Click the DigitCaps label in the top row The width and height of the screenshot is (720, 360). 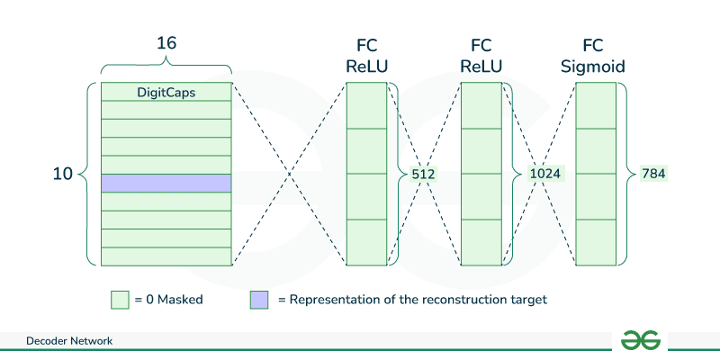coord(166,92)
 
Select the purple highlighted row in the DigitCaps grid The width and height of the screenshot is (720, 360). coord(166,184)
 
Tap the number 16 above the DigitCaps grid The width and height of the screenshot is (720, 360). coord(166,41)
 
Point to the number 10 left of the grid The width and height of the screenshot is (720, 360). coord(63,175)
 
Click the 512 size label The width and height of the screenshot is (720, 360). coord(423,175)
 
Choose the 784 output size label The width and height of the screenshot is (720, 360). coord(653,175)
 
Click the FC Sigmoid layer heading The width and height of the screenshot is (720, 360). coord(596,55)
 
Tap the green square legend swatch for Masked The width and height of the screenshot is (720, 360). coord(119,300)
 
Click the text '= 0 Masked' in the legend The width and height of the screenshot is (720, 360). coord(168,300)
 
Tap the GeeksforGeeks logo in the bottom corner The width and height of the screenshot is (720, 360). coord(641,339)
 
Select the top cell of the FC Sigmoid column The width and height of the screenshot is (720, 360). coord(596,106)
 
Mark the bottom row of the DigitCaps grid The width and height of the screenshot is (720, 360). coord(166,256)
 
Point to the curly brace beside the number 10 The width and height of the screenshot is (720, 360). coord(90,175)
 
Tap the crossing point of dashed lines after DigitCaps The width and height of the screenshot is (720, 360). coord(289,175)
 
